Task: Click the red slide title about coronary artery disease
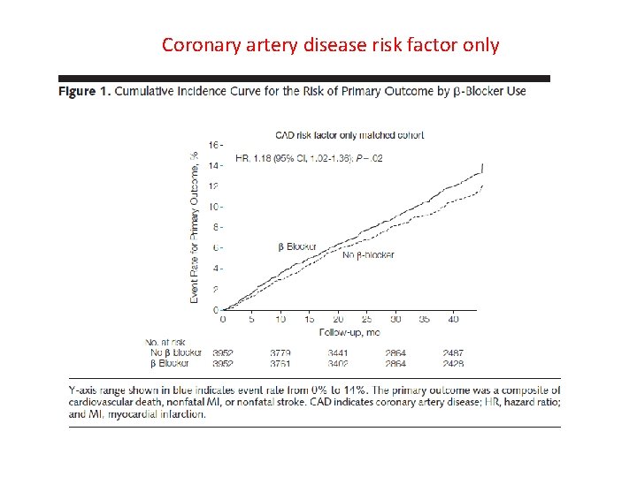point(330,44)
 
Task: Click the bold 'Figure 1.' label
point(84,91)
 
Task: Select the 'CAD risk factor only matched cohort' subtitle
point(349,135)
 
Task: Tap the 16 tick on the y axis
point(213,145)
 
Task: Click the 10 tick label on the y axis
point(213,207)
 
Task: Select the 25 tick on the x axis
point(366,319)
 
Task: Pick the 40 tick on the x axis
point(453,319)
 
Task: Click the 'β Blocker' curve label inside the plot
point(296,246)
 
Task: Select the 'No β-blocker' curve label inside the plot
point(368,255)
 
